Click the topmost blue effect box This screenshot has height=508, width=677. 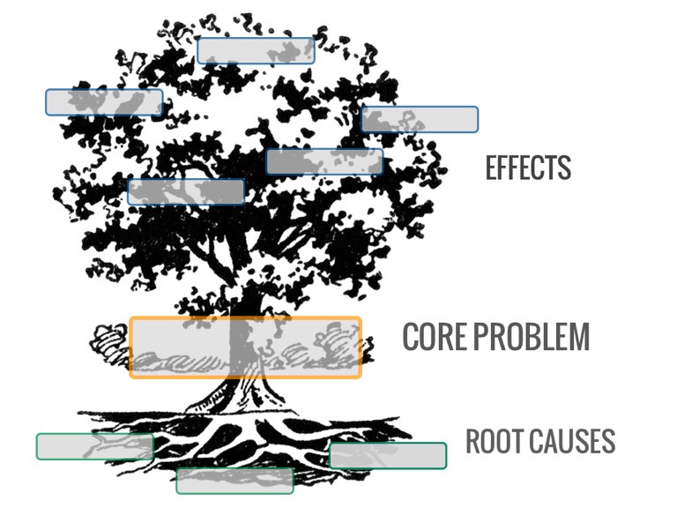pyautogui.click(x=256, y=50)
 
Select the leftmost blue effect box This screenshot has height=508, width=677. pyautogui.click(x=104, y=102)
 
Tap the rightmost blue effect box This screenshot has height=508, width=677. pyautogui.click(x=420, y=119)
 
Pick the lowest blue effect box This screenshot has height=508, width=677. pyautogui.click(x=186, y=191)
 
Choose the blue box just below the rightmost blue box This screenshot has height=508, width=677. pyautogui.click(x=324, y=161)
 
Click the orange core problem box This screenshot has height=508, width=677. pyautogui.click(x=245, y=347)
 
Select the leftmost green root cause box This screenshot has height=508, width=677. pyautogui.click(x=95, y=446)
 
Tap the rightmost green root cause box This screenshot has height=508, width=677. pyautogui.click(x=388, y=455)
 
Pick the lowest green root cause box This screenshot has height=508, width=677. pyautogui.click(x=234, y=481)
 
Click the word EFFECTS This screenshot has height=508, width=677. pyautogui.click(x=528, y=168)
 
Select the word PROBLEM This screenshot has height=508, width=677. pyautogui.click(x=532, y=337)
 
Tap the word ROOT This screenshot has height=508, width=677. pyautogui.click(x=493, y=441)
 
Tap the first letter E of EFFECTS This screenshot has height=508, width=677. pyautogui.click(x=492, y=168)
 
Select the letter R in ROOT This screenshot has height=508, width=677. pyautogui.click(x=472, y=441)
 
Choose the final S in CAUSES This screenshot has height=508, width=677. pyautogui.click(x=609, y=441)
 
